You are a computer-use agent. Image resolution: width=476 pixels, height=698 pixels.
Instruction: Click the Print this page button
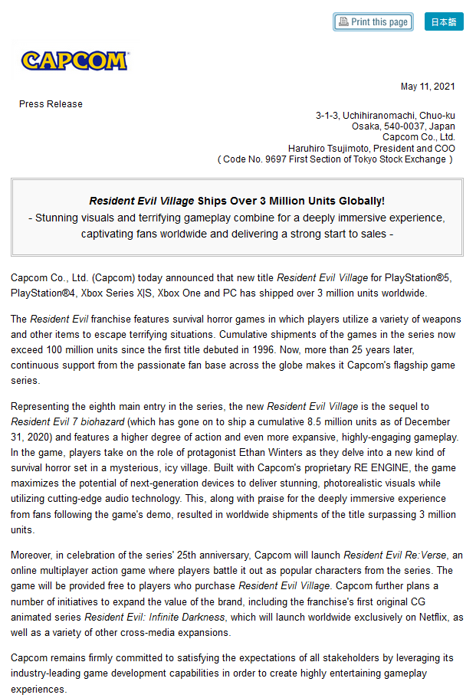coord(373,22)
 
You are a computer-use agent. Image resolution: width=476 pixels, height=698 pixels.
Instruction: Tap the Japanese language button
coord(444,22)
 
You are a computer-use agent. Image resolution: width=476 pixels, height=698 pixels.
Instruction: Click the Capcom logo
coord(74,61)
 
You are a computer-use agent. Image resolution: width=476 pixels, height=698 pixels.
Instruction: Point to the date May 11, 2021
coord(428,86)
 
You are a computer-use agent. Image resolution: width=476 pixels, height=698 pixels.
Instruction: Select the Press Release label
coord(51,104)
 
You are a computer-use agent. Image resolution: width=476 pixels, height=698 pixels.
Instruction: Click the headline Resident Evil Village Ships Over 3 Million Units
coord(237,201)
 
